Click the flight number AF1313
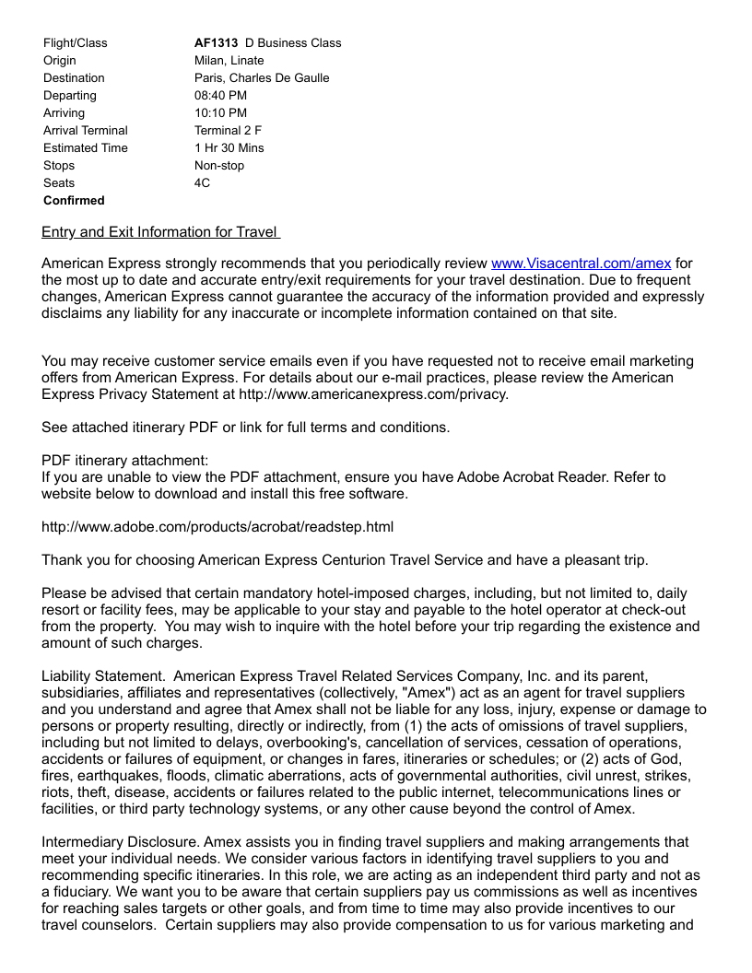(216, 42)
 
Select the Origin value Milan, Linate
(229, 60)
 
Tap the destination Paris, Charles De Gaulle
(262, 77)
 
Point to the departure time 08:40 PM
(220, 95)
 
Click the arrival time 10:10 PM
(220, 112)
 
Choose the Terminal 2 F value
(228, 130)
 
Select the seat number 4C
(202, 182)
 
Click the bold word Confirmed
(74, 200)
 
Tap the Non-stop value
(219, 165)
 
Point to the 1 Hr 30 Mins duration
(229, 147)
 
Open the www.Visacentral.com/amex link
(581, 264)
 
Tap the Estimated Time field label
(86, 147)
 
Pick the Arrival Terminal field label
(86, 130)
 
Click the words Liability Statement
(102, 676)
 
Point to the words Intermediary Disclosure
(120, 842)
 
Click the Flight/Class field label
(75, 42)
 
